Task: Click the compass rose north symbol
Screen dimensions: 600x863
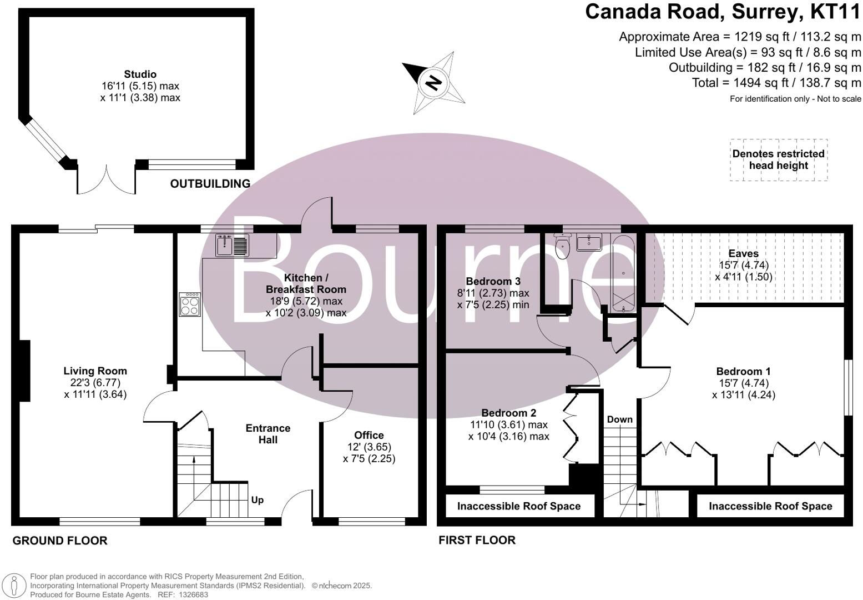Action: tap(433, 83)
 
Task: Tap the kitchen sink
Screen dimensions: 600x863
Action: tap(233, 245)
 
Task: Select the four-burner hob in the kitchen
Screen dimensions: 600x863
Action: tap(190, 304)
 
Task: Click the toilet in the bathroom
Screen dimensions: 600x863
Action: tap(562, 248)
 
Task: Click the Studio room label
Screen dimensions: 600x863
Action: tap(140, 74)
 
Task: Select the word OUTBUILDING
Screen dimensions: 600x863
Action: tap(210, 183)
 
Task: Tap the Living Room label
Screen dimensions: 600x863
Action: tap(95, 371)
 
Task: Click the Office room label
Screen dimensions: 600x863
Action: tap(369, 435)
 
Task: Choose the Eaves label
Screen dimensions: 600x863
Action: tap(743, 253)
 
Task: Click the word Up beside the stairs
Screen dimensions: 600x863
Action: tap(257, 500)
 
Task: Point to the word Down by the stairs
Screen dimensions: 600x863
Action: tap(619, 419)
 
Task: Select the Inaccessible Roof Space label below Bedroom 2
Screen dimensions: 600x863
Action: tap(518, 506)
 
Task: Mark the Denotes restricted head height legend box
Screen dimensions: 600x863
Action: tap(778, 159)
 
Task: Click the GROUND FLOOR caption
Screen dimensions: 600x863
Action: tap(60, 541)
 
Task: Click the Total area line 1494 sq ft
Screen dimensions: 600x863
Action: tap(776, 83)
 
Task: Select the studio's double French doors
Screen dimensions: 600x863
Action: tap(106, 178)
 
